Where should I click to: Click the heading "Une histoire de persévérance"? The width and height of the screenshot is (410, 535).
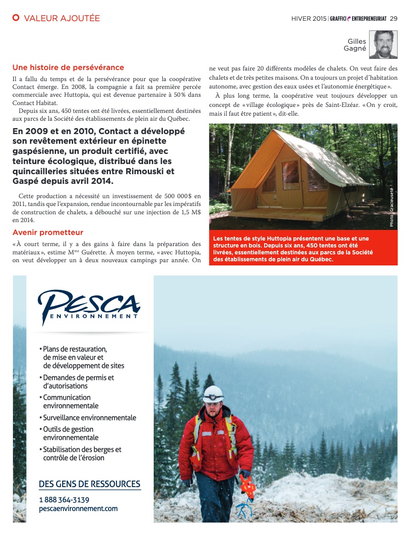[x=68, y=68]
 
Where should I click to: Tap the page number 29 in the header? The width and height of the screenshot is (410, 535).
[x=393, y=18]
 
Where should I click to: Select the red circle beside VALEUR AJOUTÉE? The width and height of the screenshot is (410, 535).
[x=16, y=18]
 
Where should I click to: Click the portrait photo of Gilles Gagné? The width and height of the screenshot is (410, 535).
[x=383, y=45]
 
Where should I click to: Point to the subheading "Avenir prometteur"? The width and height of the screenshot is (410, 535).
[x=48, y=232]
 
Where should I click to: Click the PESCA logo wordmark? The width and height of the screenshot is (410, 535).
[x=89, y=303]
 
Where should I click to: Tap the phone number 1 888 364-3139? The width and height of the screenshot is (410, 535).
[x=64, y=500]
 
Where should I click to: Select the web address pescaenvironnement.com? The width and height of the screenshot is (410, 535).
[x=78, y=509]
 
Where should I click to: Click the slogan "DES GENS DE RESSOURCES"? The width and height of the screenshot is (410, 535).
[x=89, y=484]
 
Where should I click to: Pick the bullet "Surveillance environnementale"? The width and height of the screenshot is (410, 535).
[x=89, y=418]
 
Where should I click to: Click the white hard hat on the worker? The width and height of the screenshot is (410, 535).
[x=214, y=394]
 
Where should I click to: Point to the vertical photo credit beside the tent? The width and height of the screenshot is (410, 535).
[x=392, y=207]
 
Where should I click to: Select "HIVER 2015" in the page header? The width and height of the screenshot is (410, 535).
[x=309, y=19]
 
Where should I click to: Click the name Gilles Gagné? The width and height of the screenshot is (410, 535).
[x=357, y=45]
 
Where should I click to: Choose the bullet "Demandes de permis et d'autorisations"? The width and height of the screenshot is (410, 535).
[x=78, y=382]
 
